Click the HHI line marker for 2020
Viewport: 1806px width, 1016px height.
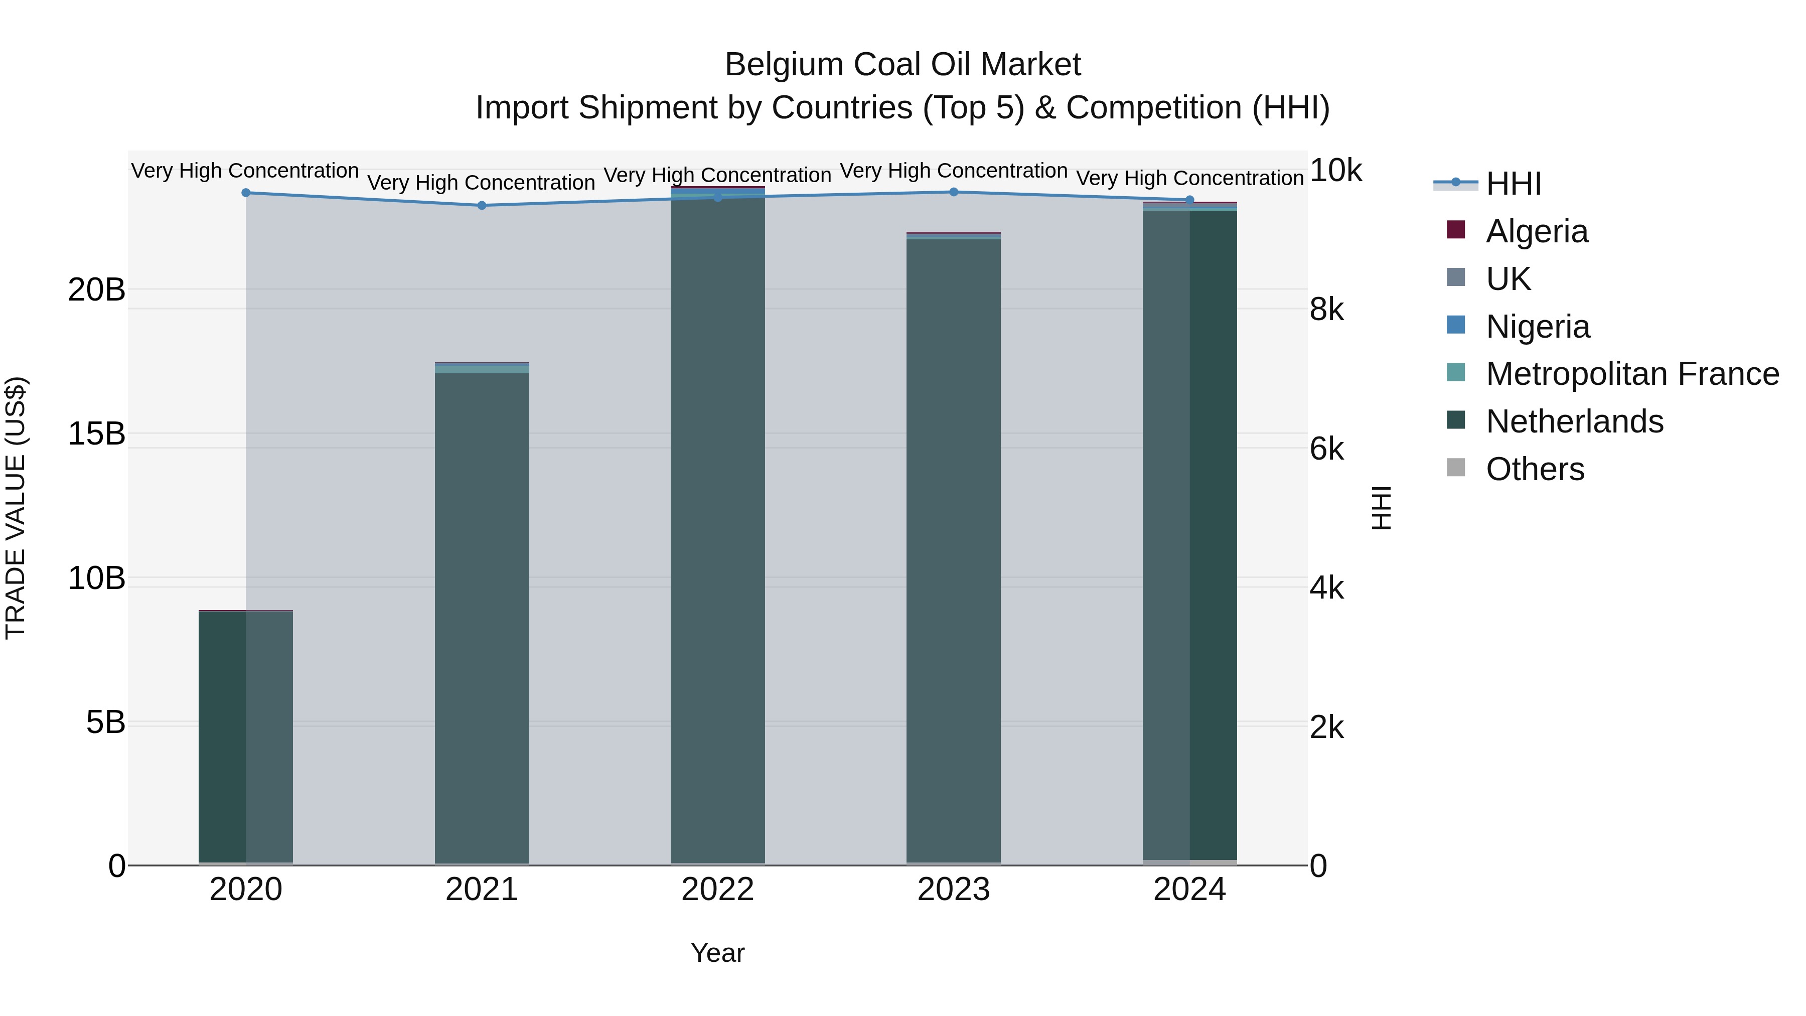click(245, 193)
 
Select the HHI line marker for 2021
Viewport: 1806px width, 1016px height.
click(482, 205)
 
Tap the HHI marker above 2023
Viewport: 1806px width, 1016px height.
click(954, 192)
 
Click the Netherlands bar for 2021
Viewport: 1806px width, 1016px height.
click(482, 617)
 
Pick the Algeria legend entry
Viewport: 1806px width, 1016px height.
click(1536, 231)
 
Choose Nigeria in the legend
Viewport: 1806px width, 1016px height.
click(1537, 327)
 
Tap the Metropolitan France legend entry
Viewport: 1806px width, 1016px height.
click(1631, 374)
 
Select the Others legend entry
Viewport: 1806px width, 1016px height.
click(1534, 470)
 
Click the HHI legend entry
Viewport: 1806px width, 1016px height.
click(1513, 184)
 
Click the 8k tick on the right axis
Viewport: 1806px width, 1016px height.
click(1326, 310)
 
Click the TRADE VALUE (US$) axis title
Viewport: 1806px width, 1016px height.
click(16, 508)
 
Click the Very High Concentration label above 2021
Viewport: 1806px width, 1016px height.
click(481, 183)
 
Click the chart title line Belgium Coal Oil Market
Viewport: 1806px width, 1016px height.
click(902, 65)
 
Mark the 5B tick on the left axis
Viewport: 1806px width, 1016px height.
click(105, 723)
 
